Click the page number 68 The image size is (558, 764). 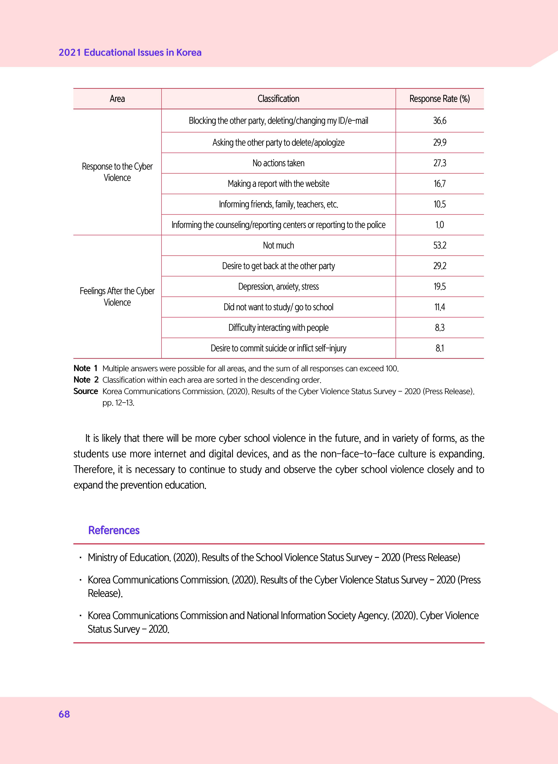(x=64, y=714)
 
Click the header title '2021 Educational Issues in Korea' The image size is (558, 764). (x=130, y=53)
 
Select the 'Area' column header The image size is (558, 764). (x=117, y=99)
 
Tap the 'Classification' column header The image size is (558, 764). (x=278, y=99)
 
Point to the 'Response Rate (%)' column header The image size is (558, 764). (x=439, y=99)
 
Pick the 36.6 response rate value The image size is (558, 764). (x=439, y=121)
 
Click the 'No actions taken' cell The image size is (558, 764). (x=278, y=163)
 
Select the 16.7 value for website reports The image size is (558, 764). (x=439, y=184)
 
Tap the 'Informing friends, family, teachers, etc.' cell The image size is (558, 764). (x=278, y=204)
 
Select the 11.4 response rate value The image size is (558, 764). (x=439, y=307)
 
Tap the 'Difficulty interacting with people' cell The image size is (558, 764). (x=278, y=328)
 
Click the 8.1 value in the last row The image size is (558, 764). (x=439, y=348)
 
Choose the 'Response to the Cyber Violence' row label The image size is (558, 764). (x=117, y=172)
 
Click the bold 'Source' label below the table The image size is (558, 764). (x=85, y=391)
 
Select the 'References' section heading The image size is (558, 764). (x=114, y=530)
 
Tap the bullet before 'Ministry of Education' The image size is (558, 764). (x=80, y=558)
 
